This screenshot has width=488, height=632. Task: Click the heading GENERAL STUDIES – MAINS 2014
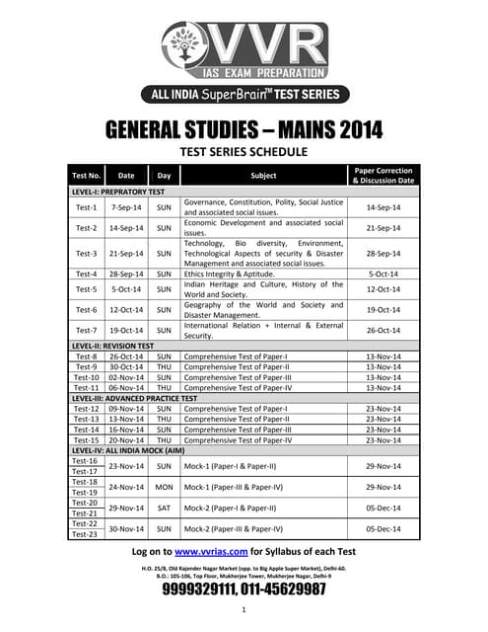[244, 130]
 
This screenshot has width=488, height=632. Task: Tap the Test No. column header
[87, 175]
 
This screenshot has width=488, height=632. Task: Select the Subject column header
[263, 175]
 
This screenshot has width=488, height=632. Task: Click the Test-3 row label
[87, 254]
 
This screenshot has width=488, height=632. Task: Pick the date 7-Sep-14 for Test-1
[126, 207]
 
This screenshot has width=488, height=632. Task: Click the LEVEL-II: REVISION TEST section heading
[112, 347]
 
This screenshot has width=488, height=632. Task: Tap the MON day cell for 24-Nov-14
[165, 487]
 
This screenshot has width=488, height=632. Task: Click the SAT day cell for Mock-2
[165, 508]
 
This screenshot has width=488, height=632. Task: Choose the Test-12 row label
[87, 408]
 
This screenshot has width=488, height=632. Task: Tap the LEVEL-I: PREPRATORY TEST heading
[118, 191]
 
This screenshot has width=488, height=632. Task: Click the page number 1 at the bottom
[244, 609]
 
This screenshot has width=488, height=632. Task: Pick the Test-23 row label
[85, 534]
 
